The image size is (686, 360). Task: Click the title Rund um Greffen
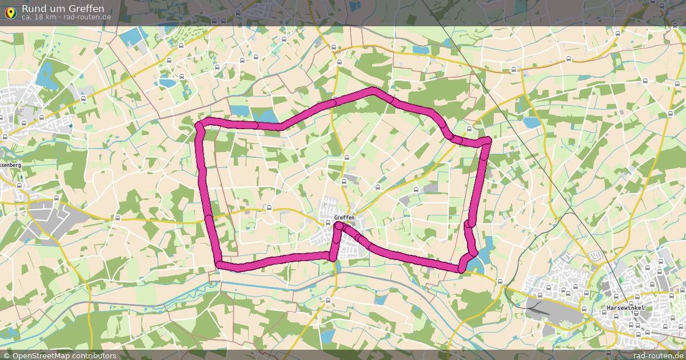(63, 8)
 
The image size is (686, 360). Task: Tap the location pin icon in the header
(10, 10)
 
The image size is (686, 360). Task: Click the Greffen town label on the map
(345, 218)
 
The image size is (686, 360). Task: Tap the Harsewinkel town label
(626, 308)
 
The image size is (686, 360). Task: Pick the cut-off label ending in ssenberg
(10, 165)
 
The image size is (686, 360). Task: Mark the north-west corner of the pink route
(200, 125)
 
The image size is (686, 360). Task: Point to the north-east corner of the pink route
(486, 141)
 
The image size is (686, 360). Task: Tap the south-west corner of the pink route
(219, 263)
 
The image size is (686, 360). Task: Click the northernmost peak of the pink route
(374, 90)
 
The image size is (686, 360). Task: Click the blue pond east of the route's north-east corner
(532, 122)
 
